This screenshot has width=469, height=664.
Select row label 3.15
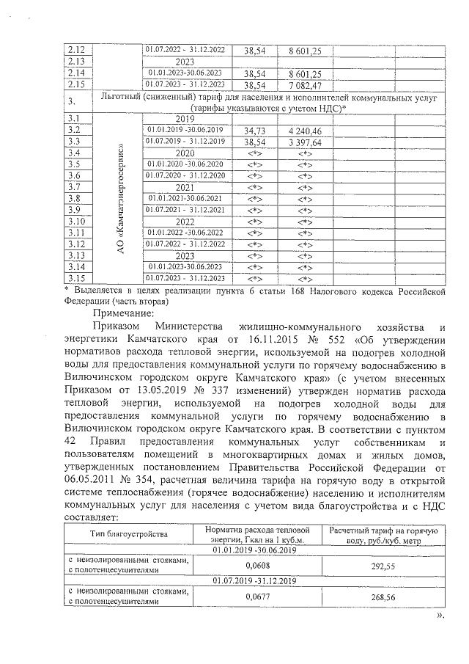click(x=76, y=278)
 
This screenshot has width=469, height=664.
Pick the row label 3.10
click(x=77, y=221)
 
